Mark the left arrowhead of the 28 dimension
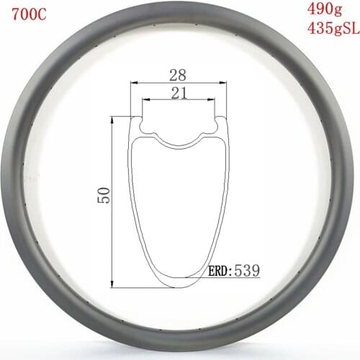(x=132, y=83)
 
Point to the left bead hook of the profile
(x=143, y=125)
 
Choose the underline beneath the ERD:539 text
(x=234, y=279)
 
